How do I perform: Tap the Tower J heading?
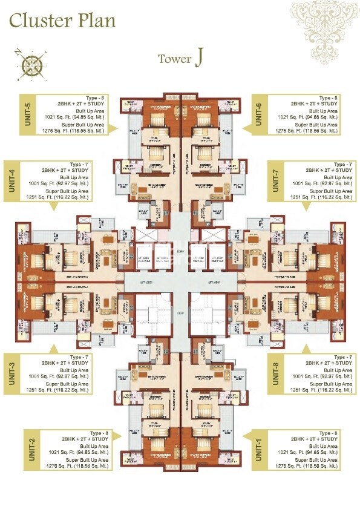tap(180, 59)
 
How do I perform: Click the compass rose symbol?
tap(29, 64)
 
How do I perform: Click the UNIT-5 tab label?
tap(10, 114)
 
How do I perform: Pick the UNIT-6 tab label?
tap(258, 114)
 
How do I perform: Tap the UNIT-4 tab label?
tap(10, 180)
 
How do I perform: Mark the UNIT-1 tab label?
tap(258, 448)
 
